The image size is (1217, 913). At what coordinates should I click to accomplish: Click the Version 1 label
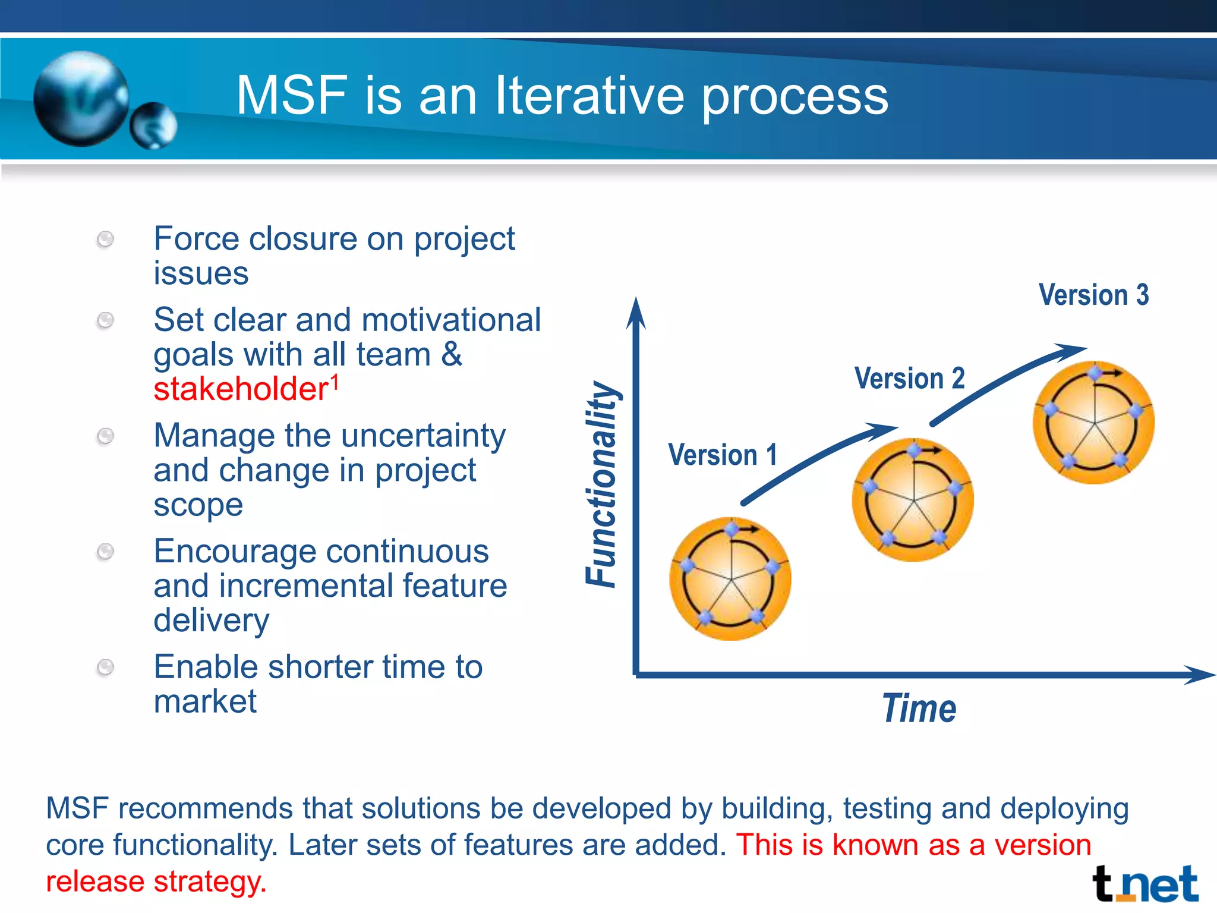[723, 455]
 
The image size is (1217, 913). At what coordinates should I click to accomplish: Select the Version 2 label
[909, 379]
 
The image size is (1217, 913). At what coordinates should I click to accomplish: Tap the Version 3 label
[1093, 295]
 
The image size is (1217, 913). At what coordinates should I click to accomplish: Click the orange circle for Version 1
[730, 578]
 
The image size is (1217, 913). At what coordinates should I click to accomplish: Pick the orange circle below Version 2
[912, 500]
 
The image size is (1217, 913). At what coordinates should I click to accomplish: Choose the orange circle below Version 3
[1093, 423]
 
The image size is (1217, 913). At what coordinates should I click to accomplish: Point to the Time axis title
[919, 709]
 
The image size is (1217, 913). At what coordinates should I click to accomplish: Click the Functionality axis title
[601, 484]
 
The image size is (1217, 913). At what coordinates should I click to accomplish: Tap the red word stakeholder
[241, 389]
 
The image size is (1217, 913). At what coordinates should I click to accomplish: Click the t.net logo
[1145, 884]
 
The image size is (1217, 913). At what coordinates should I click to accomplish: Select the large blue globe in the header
[81, 99]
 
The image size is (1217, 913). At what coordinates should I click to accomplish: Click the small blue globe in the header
[153, 125]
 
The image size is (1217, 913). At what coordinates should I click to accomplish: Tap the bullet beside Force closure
[105, 240]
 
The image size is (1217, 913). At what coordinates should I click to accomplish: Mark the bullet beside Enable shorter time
[105, 668]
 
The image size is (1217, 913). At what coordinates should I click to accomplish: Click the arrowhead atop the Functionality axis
[636, 312]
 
